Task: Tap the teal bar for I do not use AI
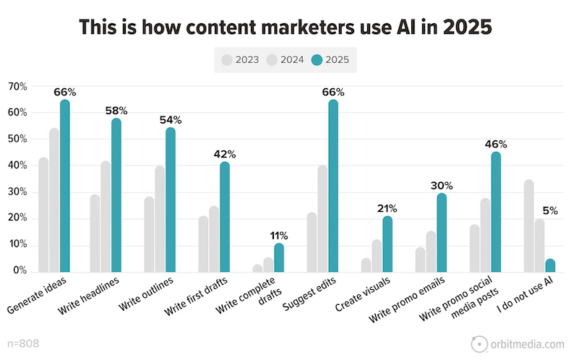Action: pos(550,265)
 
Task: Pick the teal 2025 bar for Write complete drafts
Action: pos(279,257)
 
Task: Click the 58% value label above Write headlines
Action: pos(116,111)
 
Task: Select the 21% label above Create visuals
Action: pos(386,209)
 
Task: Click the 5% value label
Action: pos(550,211)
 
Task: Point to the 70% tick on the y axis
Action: pos(17,87)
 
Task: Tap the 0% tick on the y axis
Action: pos(20,271)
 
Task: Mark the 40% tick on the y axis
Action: pos(17,166)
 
